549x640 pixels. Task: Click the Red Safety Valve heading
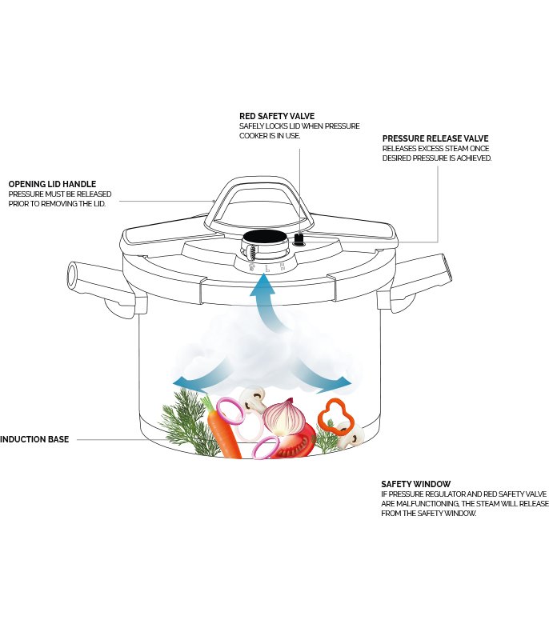pyautogui.click(x=277, y=116)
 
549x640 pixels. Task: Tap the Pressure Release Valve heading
pyautogui.click(x=435, y=138)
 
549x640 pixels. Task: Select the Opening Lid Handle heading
pyautogui.click(x=52, y=184)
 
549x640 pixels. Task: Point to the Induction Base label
pyautogui.click(x=34, y=439)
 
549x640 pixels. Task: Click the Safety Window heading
pyautogui.click(x=415, y=484)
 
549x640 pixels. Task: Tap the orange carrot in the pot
pyautogui.click(x=222, y=430)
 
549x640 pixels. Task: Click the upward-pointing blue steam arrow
pyautogui.click(x=266, y=302)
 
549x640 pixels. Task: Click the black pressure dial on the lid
pyautogui.click(x=263, y=236)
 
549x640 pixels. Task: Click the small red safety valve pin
pyautogui.click(x=299, y=238)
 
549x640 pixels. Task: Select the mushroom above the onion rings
pyautogui.click(x=253, y=401)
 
